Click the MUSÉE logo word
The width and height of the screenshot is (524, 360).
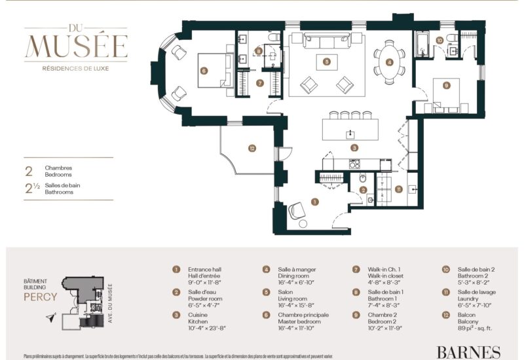[x=76, y=45]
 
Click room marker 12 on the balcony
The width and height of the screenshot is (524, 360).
[x=252, y=149]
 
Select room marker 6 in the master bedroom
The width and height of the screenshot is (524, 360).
[x=204, y=71]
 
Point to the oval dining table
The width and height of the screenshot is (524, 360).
[x=389, y=63]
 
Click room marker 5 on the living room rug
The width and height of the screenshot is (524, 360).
[x=326, y=62]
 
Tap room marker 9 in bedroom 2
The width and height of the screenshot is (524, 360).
[x=446, y=85]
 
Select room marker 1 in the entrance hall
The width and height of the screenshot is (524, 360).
[x=314, y=202]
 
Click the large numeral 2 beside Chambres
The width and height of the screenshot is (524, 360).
[x=28, y=171]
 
